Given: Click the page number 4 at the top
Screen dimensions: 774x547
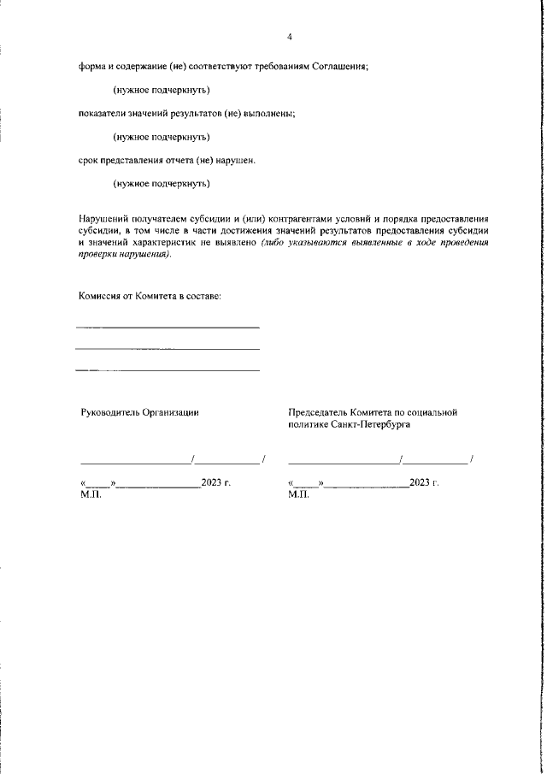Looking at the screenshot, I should coord(290,37).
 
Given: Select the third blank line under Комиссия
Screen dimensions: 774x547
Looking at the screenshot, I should coord(168,370).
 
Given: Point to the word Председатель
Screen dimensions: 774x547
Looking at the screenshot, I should coord(321,412).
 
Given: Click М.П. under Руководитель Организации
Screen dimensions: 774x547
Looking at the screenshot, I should coord(90,494).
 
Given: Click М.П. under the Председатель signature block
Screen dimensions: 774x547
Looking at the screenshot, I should coord(299,494).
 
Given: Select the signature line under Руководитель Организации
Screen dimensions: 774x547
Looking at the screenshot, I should coord(137,463).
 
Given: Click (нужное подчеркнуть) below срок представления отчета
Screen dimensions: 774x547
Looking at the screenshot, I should coord(162,183).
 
